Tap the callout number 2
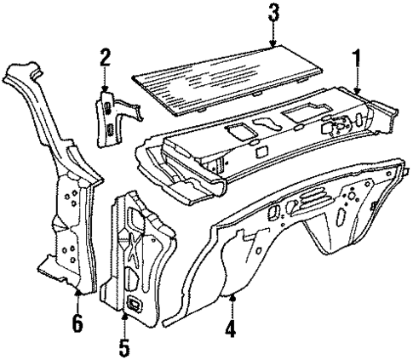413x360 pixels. pyautogui.click(x=105, y=58)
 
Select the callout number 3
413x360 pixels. pyautogui.click(x=272, y=13)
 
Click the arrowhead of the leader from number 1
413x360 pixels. pyautogui.click(x=358, y=91)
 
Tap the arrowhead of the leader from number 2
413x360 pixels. pyautogui.click(x=105, y=90)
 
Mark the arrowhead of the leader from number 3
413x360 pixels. pyautogui.click(x=272, y=44)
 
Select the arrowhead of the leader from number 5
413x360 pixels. pyautogui.click(x=125, y=314)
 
